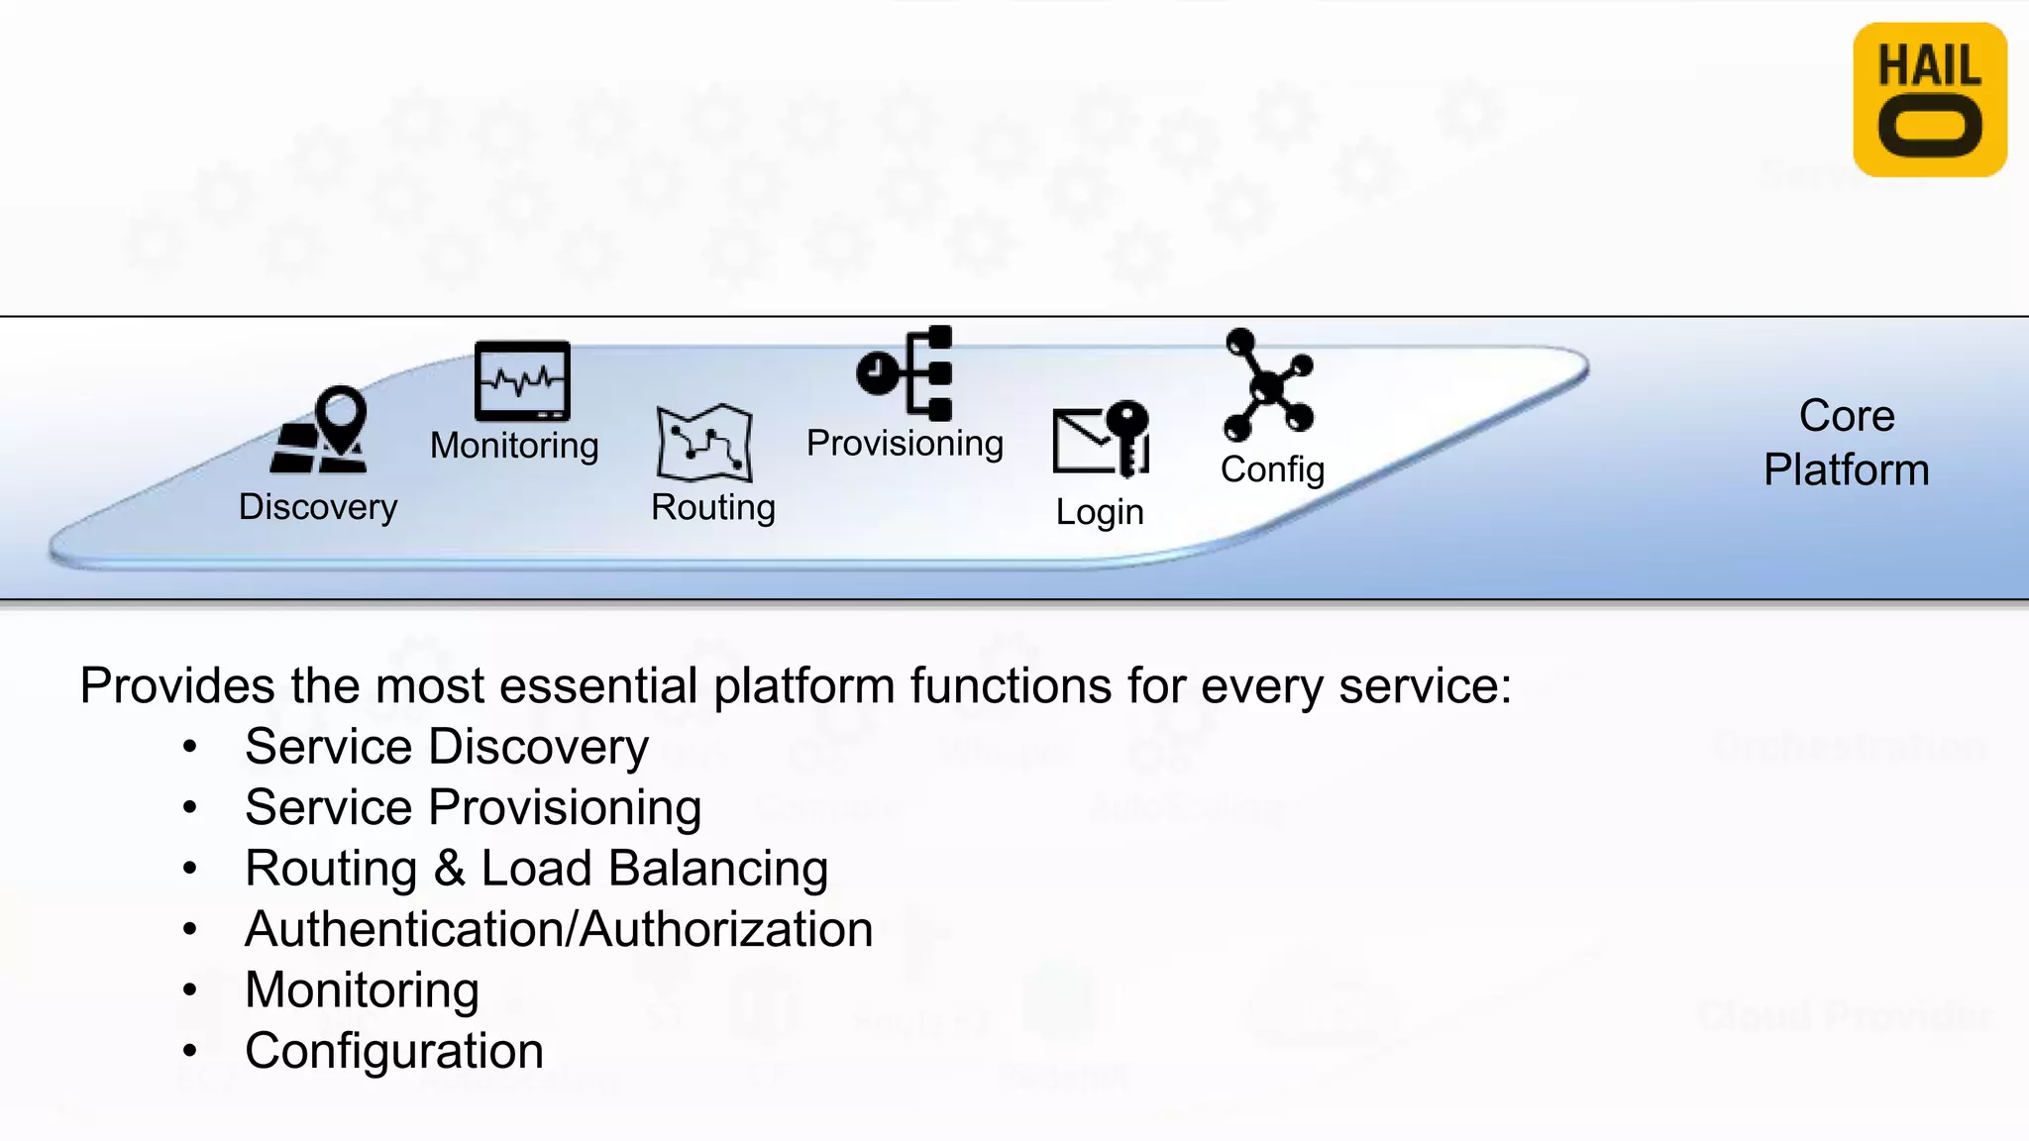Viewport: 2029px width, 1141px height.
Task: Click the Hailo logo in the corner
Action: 1929,100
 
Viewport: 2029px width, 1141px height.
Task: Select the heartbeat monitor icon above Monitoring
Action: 522,381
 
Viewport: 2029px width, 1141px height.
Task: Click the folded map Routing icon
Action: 704,443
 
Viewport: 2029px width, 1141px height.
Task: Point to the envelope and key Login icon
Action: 1101,439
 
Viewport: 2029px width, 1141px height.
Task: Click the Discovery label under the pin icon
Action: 318,507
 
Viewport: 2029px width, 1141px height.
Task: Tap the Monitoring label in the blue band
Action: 514,446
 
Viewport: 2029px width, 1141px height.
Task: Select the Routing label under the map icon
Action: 712,507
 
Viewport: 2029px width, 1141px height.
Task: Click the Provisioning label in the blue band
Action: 905,443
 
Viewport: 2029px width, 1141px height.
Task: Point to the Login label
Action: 1099,512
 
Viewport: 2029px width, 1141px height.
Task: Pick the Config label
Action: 1272,469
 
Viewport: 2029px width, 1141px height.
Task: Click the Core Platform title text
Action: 1846,443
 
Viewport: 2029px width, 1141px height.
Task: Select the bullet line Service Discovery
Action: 447,747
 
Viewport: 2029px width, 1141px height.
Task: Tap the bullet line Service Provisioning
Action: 473,807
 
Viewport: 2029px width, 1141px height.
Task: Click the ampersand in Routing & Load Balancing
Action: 449,869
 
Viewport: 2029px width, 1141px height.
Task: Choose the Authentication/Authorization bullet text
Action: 559,929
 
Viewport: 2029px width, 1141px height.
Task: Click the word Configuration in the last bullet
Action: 394,1051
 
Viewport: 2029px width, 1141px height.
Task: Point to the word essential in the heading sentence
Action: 598,685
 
